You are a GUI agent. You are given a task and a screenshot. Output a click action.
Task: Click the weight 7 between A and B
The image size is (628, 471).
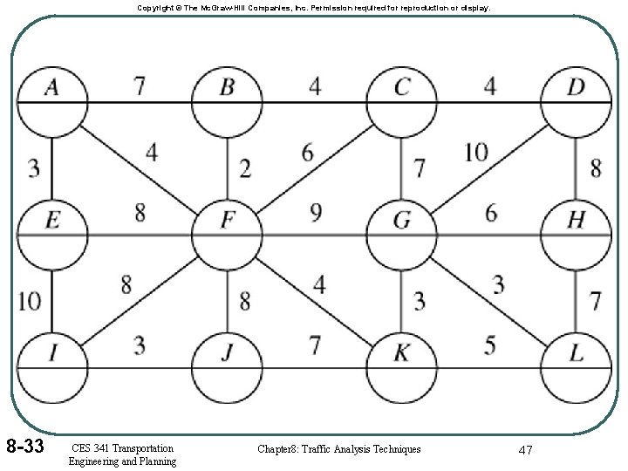(x=139, y=86)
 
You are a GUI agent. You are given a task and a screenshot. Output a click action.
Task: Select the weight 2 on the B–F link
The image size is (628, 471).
(x=245, y=167)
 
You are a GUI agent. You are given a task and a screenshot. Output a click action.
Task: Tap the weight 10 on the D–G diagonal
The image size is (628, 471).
(x=475, y=153)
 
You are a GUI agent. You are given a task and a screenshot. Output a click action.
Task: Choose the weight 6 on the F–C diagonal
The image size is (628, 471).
(x=306, y=153)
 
